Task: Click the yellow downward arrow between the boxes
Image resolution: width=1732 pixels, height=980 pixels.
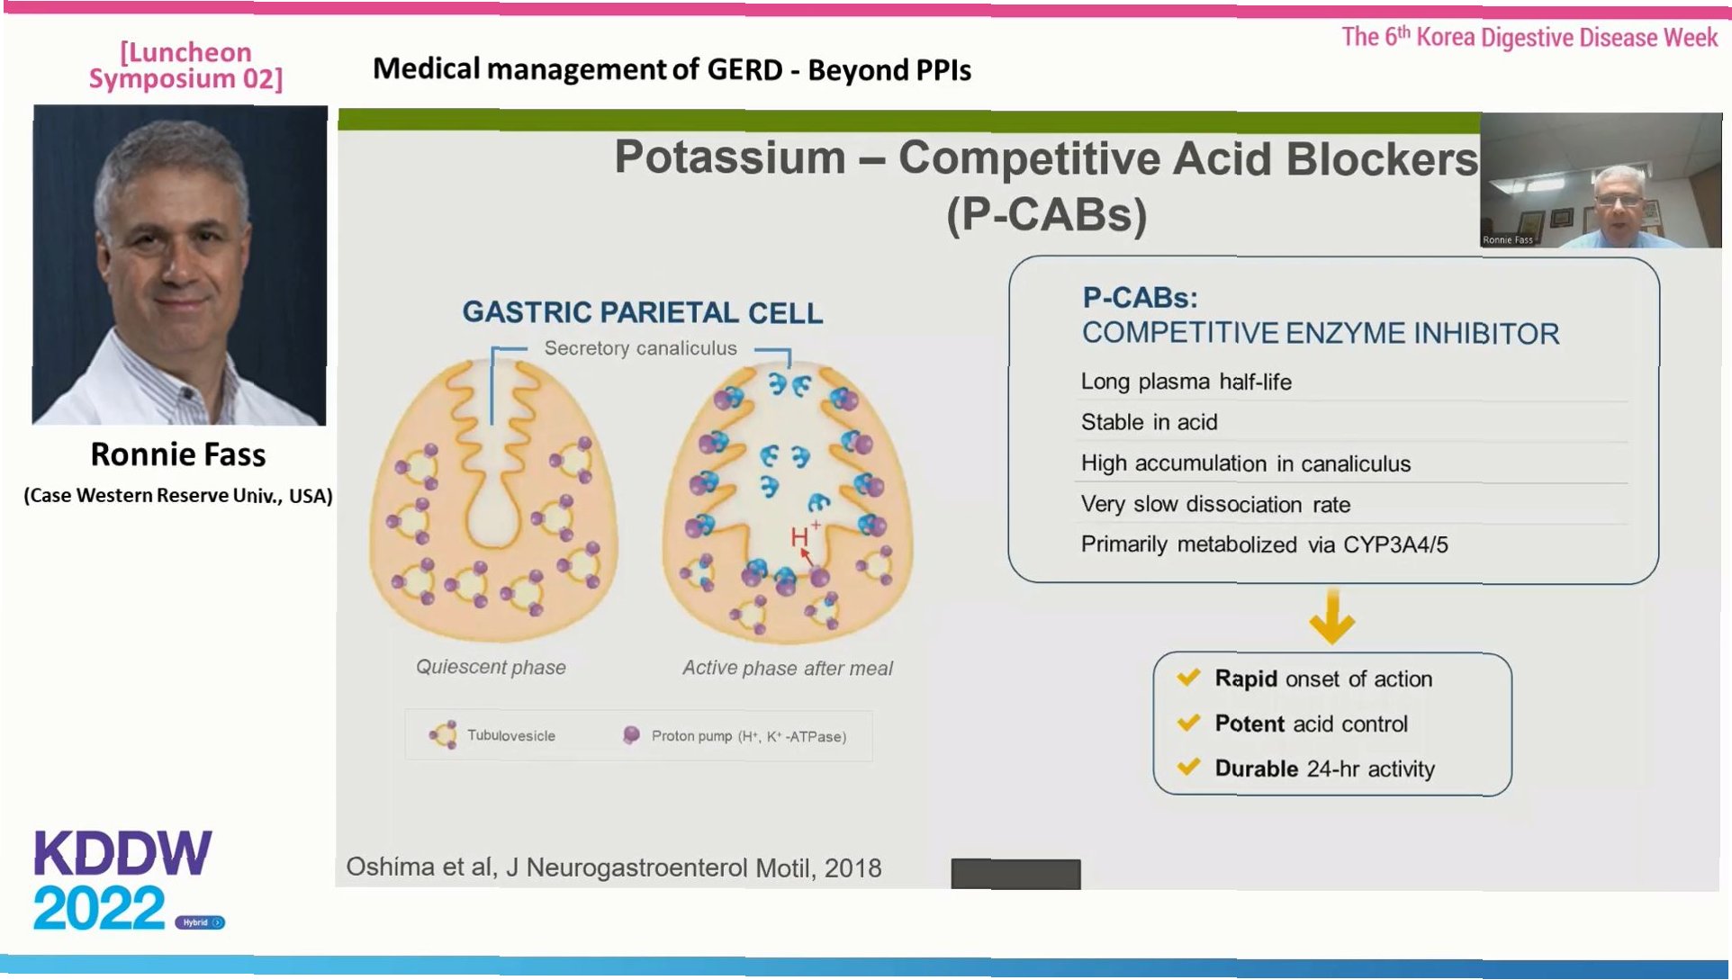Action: coord(1332,618)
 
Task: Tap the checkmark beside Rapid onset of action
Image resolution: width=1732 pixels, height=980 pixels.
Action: coord(1188,678)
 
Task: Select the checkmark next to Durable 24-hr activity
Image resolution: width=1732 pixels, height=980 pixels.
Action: coord(1188,768)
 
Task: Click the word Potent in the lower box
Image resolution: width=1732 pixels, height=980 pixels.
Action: coord(1249,724)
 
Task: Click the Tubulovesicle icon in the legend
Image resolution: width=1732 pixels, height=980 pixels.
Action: coord(444,735)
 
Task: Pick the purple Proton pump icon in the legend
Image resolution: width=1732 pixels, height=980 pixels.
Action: coord(631,735)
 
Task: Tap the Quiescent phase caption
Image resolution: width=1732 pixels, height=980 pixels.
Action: coord(491,667)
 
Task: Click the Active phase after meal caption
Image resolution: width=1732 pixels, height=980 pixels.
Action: coord(788,668)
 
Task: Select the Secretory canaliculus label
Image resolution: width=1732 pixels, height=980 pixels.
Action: coord(640,348)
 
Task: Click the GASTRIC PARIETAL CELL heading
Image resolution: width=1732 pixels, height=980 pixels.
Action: coord(642,312)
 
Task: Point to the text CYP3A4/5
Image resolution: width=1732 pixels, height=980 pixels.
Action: coord(1395,544)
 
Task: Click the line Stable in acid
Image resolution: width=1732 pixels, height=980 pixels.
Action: coord(1149,422)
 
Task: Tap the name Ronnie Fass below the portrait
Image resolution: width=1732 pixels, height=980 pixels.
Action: coord(178,454)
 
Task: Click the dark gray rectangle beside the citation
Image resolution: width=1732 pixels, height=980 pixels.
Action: coord(1015,873)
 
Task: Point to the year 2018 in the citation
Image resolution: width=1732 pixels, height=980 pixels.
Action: coord(852,868)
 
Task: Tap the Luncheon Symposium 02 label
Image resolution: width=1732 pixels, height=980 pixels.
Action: coord(185,66)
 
